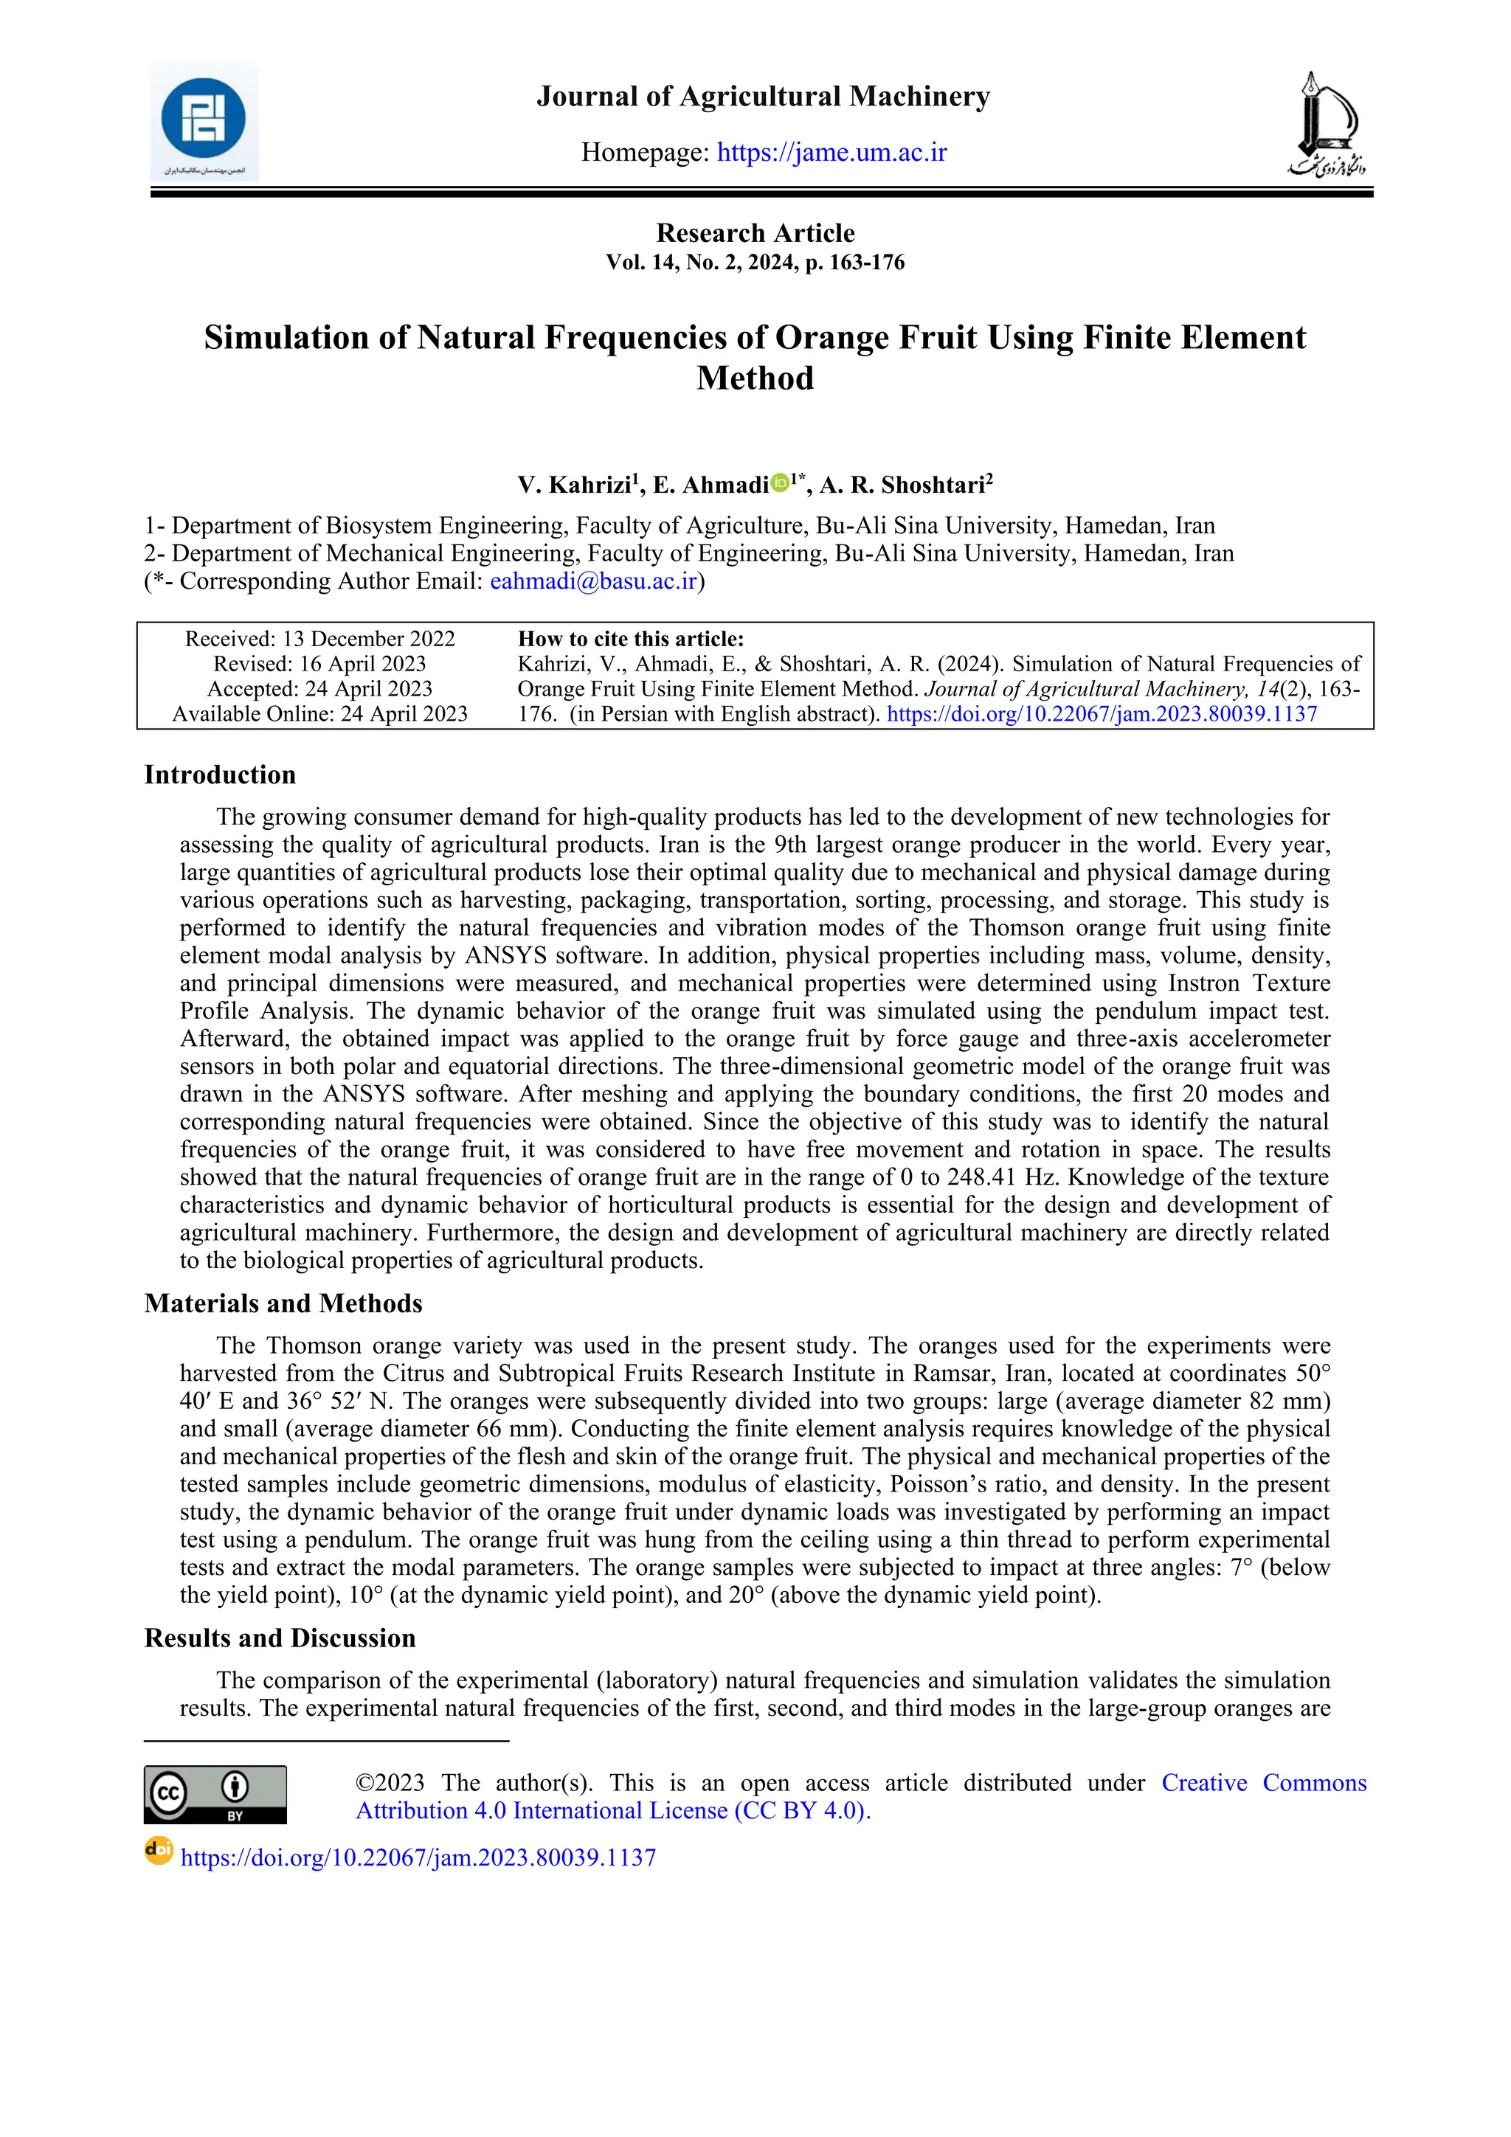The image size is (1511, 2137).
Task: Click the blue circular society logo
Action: click(203, 120)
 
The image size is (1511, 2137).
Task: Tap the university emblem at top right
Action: click(1326, 124)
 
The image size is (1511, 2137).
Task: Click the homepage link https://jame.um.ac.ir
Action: click(831, 152)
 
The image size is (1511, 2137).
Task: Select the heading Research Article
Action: click(755, 232)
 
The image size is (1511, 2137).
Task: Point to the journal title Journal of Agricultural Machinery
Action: click(762, 96)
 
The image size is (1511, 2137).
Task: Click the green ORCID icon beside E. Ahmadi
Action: click(780, 482)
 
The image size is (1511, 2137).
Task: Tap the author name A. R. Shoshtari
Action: click(902, 485)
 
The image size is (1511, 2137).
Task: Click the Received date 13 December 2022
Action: click(319, 639)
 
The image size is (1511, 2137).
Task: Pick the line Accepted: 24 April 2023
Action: click(319, 689)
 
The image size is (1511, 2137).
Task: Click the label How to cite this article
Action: click(630, 639)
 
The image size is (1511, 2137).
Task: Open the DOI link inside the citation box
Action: click(1102, 714)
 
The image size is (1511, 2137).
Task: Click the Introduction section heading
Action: click(220, 775)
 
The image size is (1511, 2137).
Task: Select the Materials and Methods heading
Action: click(283, 1303)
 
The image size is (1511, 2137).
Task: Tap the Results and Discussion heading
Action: click(280, 1638)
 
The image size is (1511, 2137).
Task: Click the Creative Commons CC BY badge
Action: click(215, 1795)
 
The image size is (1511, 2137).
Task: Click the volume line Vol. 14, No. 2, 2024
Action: click(755, 263)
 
